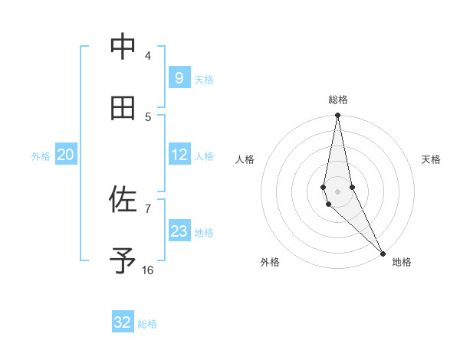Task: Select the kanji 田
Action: click(123, 109)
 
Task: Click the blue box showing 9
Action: click(179, 77)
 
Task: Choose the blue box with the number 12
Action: click(179, 155)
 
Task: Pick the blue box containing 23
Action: click(179, 231)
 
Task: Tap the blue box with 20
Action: click(65, 155)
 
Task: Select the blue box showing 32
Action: click(123, 322)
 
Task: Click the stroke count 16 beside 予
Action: click(148, 270)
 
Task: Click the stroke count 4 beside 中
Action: click(148, 56)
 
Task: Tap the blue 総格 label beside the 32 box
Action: click(148, 324)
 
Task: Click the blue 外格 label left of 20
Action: click(41, 156)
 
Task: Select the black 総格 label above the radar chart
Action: click(338, 100)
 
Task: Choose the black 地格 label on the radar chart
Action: click(402, 262)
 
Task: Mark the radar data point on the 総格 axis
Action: click(337, 116)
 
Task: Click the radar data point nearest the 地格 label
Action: click(383, 253)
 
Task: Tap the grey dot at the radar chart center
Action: click(337, 191)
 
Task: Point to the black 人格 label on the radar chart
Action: click(245, 159)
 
